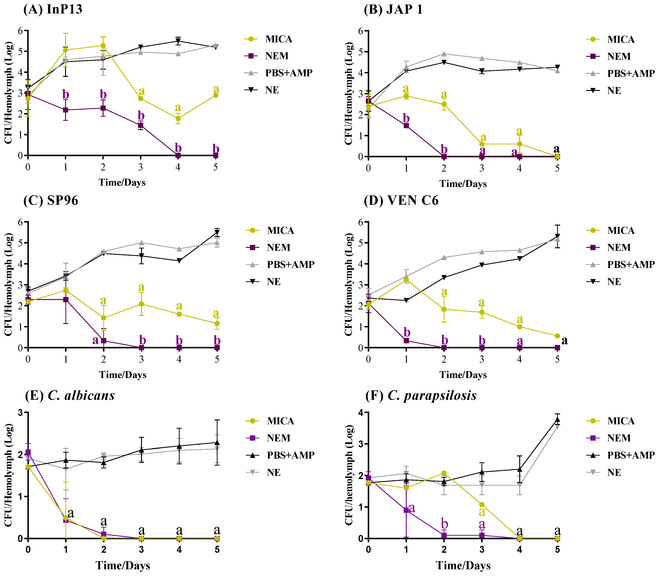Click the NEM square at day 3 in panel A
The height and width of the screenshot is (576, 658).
coord(140,125)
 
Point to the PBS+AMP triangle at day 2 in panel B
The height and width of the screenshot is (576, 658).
coord(444,54)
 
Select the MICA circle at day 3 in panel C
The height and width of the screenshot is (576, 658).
coord(141,304)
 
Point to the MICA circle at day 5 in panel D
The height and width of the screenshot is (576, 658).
coord(557,336)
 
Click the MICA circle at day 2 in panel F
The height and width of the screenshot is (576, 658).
coord(444,473)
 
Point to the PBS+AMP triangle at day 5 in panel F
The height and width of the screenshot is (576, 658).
coord(557,419)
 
